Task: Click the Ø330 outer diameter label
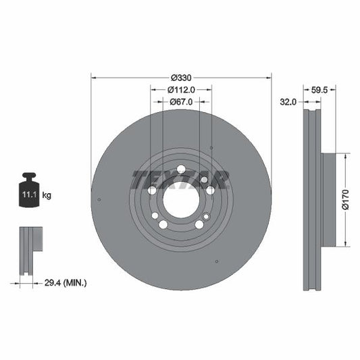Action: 181,76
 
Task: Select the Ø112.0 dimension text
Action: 181,89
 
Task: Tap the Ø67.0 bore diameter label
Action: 181,101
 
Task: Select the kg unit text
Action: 47,195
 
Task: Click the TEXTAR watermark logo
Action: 180,179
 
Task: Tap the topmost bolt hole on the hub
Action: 181,170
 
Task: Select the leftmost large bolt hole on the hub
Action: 152,190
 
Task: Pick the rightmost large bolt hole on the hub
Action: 210,190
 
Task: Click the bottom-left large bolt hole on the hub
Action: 163,224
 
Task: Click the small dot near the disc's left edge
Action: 99,199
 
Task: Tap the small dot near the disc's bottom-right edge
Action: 216,261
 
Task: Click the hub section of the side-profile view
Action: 329,200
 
